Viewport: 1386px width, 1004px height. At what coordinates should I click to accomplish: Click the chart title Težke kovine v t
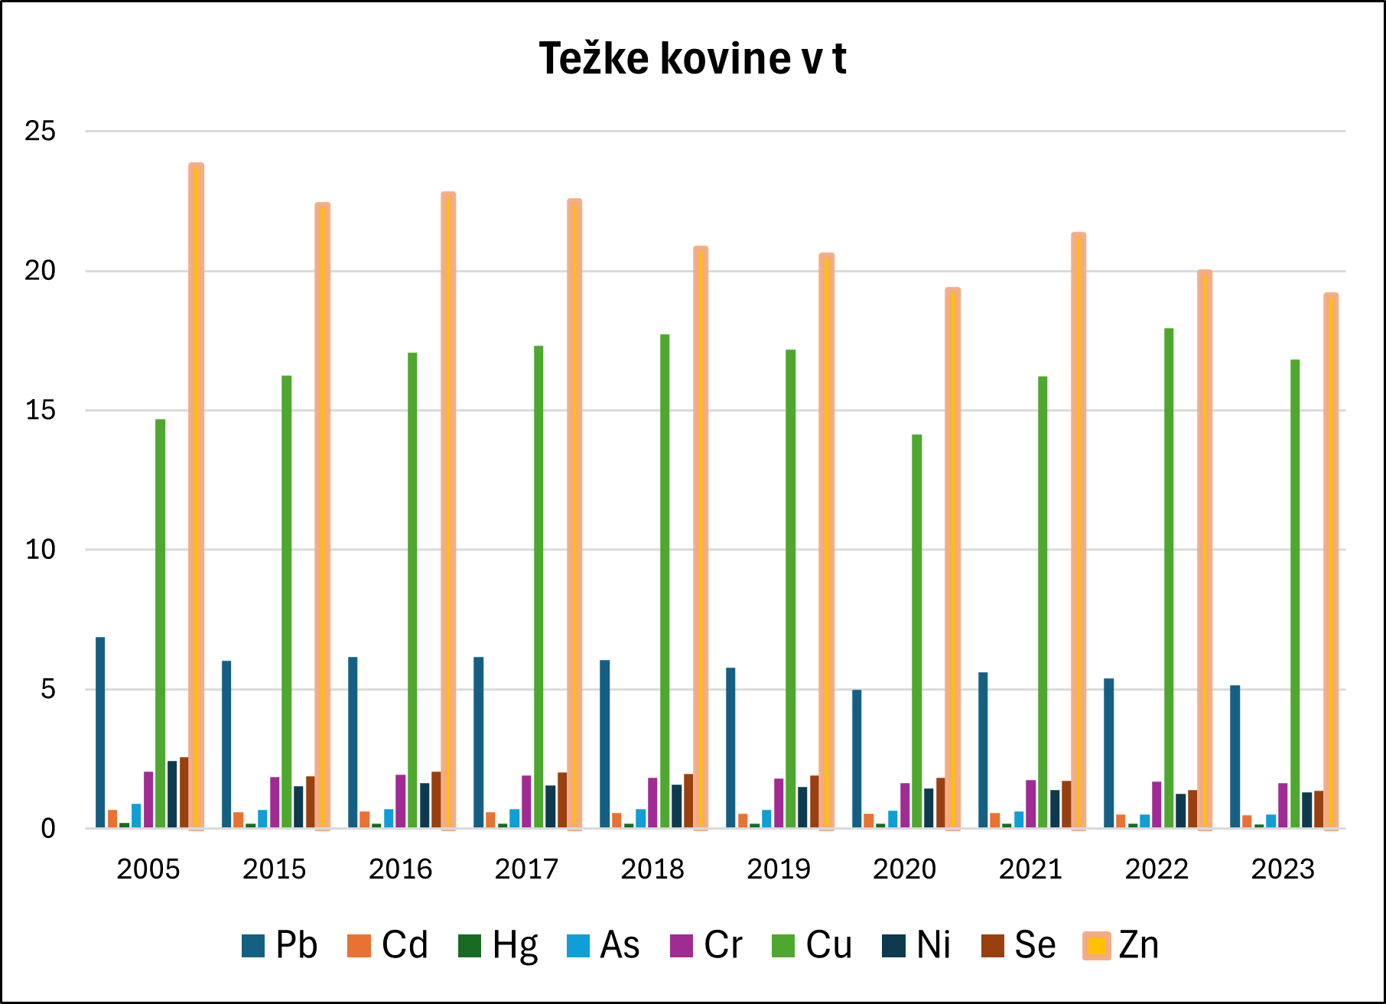692,59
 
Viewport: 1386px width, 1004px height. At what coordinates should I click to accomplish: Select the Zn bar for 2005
196,497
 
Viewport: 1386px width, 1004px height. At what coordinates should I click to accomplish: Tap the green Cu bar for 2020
916,631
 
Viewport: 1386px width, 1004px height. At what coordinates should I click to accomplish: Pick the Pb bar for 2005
100,732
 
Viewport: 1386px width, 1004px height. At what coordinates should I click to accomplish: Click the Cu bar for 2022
1169,577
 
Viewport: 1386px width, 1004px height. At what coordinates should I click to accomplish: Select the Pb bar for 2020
857,759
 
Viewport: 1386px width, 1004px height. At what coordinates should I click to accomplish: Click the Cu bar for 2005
160,623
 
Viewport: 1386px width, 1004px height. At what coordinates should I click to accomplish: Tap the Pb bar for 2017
478,742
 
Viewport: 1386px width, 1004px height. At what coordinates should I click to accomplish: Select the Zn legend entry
1121,945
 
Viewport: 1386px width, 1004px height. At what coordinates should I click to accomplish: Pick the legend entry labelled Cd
388,945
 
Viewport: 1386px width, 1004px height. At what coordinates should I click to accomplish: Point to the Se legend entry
1019,945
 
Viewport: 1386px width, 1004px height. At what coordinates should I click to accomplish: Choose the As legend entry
604,945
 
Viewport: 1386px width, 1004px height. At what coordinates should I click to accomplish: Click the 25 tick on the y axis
40,132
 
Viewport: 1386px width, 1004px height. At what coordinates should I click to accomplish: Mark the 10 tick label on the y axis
40,550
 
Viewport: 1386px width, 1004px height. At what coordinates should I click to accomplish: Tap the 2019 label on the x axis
778,869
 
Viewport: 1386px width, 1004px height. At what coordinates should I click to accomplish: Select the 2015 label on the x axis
274,869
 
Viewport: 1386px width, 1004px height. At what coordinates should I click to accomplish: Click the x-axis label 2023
1283,869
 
